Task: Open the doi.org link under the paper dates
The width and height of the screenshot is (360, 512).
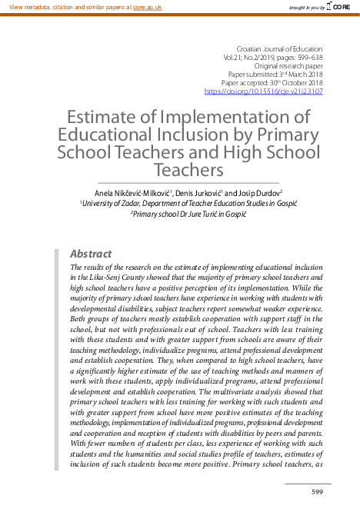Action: (263, 91)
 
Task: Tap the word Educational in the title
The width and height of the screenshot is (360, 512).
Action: (112, 134)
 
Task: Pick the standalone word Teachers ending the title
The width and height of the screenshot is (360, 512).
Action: (188, 168)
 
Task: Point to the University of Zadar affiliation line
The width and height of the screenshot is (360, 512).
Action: (178, 202)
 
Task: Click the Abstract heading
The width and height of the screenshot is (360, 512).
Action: (91, 254)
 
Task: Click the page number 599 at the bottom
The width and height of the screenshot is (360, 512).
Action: (316, 491)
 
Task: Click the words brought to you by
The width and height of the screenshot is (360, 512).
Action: (305, 7)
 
